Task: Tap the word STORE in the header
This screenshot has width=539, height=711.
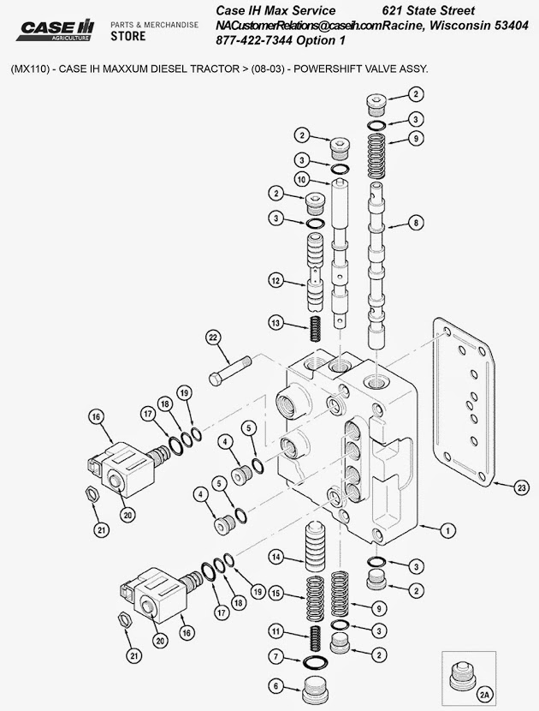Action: coord(128,37)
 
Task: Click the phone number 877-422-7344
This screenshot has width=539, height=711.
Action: coord(257,40)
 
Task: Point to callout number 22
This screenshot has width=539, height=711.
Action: coord(214,338)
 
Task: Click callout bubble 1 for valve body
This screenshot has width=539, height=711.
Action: coord(445,530)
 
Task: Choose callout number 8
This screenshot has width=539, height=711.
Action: coord(417,223)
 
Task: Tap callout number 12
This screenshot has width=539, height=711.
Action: coord(275,280)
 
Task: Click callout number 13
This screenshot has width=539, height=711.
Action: coord(275,323)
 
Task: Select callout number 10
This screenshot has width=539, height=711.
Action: coord(302,179)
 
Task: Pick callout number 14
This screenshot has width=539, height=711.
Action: coord(275,558)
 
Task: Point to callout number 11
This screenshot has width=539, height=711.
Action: coord(275,631)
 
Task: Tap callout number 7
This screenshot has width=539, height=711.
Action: coord(275,657)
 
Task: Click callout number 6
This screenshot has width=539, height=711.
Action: coord(275,685)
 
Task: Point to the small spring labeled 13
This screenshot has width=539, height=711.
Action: coord(314,326)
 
